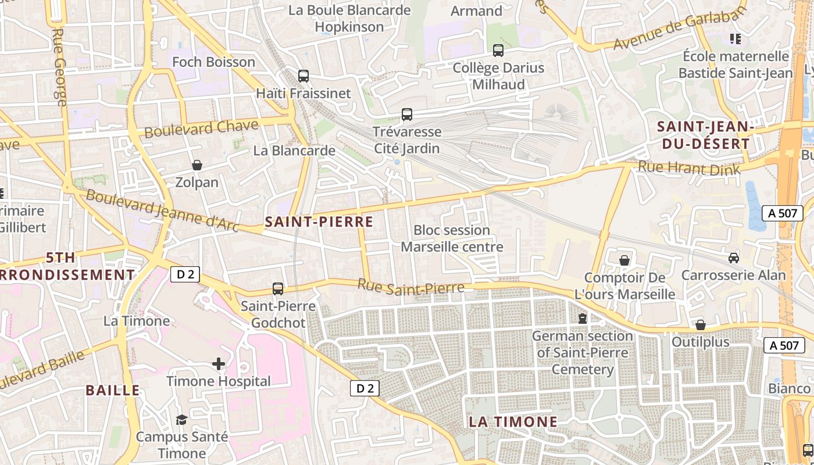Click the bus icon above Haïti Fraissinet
click(303, 76)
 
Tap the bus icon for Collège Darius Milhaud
click(498, 51)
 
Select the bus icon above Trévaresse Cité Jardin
click(407, 115)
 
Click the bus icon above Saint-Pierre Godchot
click(278, 288)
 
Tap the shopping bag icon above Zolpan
click(197, 166)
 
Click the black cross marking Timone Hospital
click(219, 364)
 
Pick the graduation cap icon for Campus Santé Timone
click(182, 420)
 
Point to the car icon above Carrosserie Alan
click(734, 257)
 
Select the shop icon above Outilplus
click(701, 325)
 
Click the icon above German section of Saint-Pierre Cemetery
click(582, 319)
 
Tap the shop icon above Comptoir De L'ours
click(624, 260)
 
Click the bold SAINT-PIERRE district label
click(319, 221)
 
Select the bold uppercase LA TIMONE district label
click(513, 422)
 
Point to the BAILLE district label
click(113, 390)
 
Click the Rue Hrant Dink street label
click(689, 169)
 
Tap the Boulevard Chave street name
click(201, 128)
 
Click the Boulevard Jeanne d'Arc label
click(163, 210)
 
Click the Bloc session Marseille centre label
click(452, 238)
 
